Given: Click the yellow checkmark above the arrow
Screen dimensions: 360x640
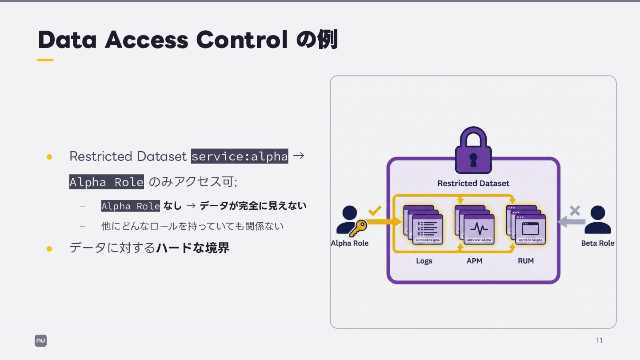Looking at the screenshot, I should [375, 210].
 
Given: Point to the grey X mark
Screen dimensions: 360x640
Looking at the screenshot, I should [575, 211].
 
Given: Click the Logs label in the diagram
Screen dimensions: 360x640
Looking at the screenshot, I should [424, 261].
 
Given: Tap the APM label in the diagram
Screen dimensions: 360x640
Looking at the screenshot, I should [474, 261].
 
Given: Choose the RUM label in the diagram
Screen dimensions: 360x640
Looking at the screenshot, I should [525, 261].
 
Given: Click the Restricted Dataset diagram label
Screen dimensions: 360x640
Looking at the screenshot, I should [473, 183].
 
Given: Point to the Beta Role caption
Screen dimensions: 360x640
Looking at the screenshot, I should [597, 243].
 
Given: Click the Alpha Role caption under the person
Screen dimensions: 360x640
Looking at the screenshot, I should [350, 243].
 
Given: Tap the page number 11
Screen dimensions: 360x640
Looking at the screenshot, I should [599, 340].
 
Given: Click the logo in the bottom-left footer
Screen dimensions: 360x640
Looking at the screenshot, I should [40, 340].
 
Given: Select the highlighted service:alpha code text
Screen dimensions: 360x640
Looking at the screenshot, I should [240, 156].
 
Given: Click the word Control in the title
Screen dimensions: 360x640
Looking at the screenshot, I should [242, 40].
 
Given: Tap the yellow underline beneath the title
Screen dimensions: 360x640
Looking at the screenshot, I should [45, 60].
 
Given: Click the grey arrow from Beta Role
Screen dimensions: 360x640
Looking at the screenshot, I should [571, 221].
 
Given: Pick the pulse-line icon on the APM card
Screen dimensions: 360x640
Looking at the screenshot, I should [479, 229].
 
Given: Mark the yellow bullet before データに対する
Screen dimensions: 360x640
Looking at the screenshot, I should [49, 248].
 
